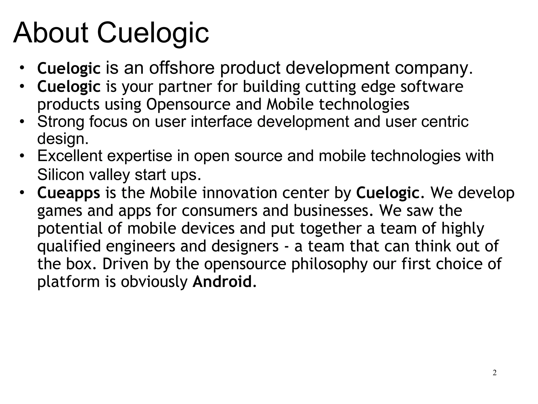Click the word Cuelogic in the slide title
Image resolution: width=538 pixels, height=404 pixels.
click(x=153, y=34)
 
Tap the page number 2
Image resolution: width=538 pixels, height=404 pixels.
click(x=495, y=373)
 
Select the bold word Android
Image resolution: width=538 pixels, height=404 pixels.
click(x=222, y=282)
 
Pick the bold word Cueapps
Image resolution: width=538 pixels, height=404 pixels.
click(x=69, y=193)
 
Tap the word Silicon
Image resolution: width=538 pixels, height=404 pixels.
click(x=61, y=175)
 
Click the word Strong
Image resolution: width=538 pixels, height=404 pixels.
click(x=61, y=122)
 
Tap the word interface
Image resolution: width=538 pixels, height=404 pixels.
click(x=221, y=122)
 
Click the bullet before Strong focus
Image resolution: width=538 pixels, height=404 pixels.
click(x=22, y=122)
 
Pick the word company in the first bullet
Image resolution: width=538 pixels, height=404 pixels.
click(x=433, y=68)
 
